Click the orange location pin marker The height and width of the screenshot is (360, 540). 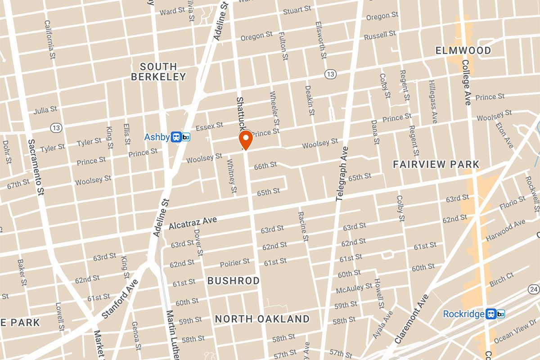click(x=246, y=139)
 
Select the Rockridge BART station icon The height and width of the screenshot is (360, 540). click(x=495, y=314)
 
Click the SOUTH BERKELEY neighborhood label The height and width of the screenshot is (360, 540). click(x=158, y=72)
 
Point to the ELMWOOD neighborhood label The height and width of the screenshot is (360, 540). click(x=463, y=50)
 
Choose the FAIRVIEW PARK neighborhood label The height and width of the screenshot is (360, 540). click(x=436, y=164)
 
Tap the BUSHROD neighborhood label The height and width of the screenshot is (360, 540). click(x=234, y=281)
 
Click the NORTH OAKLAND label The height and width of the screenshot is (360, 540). click(x=262, y=319)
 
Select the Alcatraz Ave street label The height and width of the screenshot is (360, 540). click(x=193, y=223)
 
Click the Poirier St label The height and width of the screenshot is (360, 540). click(x=234, y=262)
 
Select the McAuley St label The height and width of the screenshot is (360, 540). click(x=354, y=288)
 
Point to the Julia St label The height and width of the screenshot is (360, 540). click(x=45, y=109)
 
